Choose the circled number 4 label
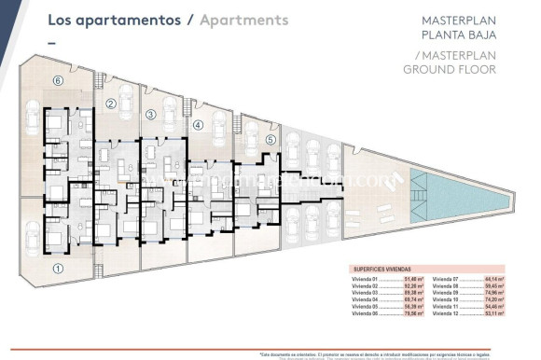click(x=198, y=124)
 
